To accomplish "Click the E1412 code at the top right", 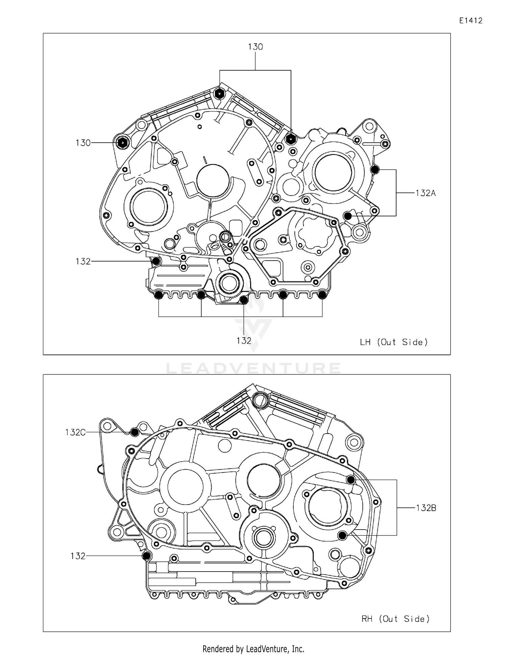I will tap(470, 21).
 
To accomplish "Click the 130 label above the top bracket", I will tap(255, 47).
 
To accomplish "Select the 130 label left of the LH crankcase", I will tap(83, 143).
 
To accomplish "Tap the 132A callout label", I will tap(426, 193).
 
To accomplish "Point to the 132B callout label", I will tap(426, 508).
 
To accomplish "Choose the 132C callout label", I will tap(75, 432).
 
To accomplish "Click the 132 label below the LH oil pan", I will tap(244, 341).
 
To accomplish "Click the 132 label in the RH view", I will tap(78, 556).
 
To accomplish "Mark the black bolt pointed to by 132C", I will tap(135, 432).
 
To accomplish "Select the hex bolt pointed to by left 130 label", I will tap(122, 143).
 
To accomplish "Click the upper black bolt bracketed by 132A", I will tap(375, 170).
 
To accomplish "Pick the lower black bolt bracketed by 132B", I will tap(342, 535).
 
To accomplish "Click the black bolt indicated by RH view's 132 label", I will tap(147, 556).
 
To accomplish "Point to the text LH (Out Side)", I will tap(394, 342).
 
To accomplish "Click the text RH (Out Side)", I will tap(395, 619).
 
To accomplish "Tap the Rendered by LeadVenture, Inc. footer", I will tap(253, 649).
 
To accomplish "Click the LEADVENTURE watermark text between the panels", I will tap(253, 368).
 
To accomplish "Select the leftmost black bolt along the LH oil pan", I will tap(158, 295).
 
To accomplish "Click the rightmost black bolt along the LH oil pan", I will tap(322, 295).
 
